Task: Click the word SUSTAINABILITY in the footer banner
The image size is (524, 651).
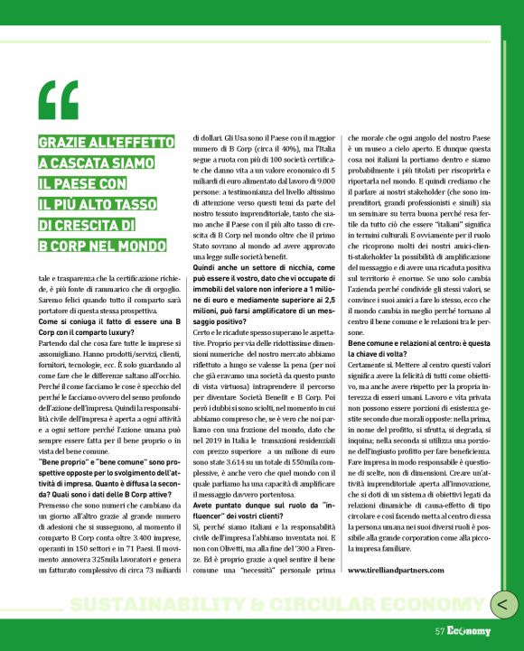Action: [x=145, y=604]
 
